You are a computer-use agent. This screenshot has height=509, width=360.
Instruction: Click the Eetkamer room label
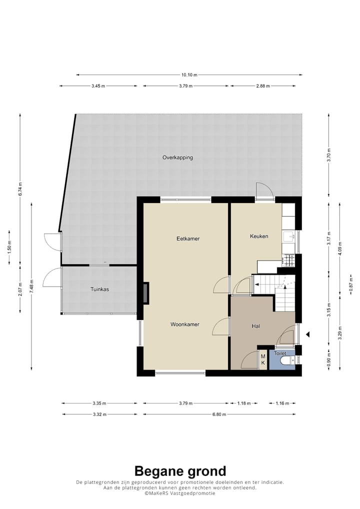pyautogui.click(x=188, y=238)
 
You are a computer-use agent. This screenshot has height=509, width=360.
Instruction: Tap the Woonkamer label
pyautogui.click(x=185, y=324)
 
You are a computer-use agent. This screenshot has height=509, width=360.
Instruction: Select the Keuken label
pyautogui.click(x=259, y=236)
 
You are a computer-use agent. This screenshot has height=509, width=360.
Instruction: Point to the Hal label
pyautogui.click(x=256, y=326)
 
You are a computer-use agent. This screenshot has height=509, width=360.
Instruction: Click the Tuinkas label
pyautogui.click(x=99, y=289)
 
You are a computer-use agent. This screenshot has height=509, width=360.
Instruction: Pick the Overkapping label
pyautogui.click(x=177, y=157)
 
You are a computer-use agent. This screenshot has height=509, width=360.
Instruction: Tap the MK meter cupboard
pyautogui.click(x=263, y=359)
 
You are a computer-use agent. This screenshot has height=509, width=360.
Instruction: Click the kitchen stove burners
pyautogui.click(x=288, y=259)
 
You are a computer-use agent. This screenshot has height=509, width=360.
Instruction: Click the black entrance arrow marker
pyautogui.click(x=307, y=334)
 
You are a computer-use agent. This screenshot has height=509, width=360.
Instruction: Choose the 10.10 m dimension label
pyautogui.click(x=189, y=75)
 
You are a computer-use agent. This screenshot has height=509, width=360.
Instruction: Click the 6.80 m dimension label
pyautogui.click(x=219, y=414)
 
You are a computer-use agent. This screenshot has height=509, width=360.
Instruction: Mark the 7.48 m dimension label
pyautogui.click(x=31, y=286)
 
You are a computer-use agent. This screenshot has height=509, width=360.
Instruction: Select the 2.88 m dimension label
pyautogui.click(x=263, y=86)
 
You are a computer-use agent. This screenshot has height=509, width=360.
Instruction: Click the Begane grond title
pyautogui.click(x=180, y=471)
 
